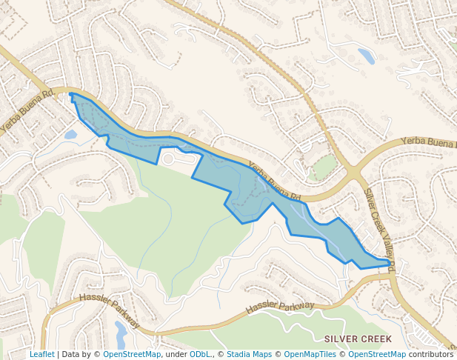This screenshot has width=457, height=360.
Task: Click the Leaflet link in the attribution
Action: pyautogui.click(x=41, y=354)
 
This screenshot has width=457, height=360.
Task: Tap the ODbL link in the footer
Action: pyautogui.click(x=200, y=354)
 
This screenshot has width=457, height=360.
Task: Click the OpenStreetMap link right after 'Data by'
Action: pyautogui.click(x=132, y=354)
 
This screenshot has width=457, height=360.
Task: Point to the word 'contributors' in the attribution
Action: pyautogui.click(x=431, y=354)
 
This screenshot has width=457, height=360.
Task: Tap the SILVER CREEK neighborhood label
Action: pyautogui.click(x=358, y=339)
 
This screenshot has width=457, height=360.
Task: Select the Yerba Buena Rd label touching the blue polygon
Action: pyautogui.click(x=274, y=182)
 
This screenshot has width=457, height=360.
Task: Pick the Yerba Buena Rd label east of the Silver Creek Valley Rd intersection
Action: pyautogui.click(x=429, y=141)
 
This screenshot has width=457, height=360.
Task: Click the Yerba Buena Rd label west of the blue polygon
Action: pyautogui.click(x=27, y=111)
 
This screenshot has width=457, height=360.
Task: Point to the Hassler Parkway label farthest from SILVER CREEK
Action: pyautogui.click(x=110, y=310)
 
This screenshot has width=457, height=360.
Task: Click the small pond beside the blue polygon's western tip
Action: pyautogui.click(x=70, y=135)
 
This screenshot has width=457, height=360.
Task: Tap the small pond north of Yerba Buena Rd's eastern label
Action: pyautogui.click(x=366, y=56)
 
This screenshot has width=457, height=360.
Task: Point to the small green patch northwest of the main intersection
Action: pyautogui.click(x=324, y=167)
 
